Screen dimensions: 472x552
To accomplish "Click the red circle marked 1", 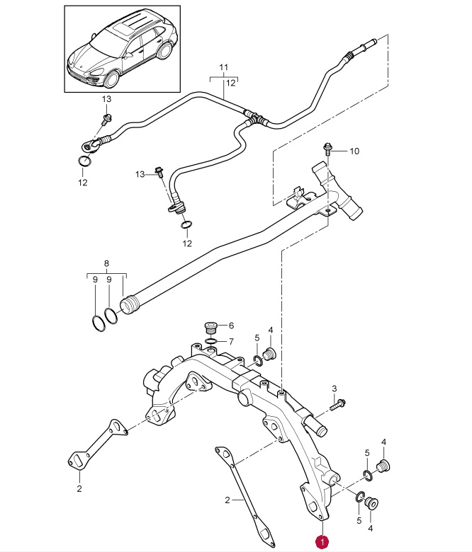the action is tap(322, 542).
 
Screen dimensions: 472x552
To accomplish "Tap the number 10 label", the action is tap(354, 151).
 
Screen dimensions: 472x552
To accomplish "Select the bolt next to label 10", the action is tap(327, 149).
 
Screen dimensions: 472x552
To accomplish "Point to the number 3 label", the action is tap(335, 389).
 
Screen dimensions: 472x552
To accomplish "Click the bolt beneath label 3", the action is tap(337, 404).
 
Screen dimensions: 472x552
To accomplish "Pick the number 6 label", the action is tap(231, 326).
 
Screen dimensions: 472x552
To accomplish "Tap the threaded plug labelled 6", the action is tap(210, 327).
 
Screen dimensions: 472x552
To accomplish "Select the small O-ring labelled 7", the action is tap(210, 341).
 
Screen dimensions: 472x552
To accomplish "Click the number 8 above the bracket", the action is tap(106, 263).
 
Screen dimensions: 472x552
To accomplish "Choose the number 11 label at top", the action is tap(224, 67).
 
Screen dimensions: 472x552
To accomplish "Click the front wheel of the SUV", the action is tap(111, 79).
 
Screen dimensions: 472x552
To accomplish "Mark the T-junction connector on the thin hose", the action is tap(255, 118).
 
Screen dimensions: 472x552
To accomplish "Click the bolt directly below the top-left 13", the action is tap(106, 119).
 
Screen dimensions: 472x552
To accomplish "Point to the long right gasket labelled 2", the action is tap(245, 500).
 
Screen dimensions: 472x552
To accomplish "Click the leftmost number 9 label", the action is tap(95, 280).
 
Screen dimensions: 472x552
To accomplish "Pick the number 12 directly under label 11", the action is tap(230, 83).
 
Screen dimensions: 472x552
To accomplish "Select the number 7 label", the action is tap(231, 342).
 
